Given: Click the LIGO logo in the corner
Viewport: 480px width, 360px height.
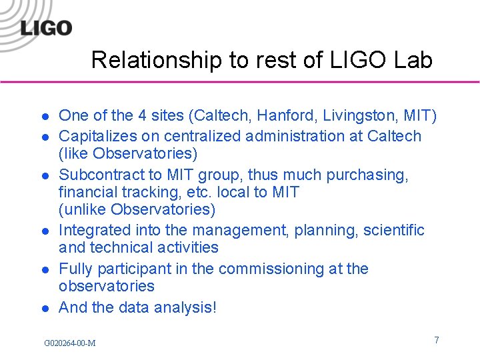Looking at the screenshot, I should point(45,27).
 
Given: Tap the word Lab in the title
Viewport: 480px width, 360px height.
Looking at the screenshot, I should point(413,61).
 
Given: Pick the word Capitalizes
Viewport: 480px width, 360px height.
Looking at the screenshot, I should point(95,136).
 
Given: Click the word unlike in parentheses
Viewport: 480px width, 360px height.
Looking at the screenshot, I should point(84,210).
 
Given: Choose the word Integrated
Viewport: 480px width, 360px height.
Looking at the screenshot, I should point(93,230).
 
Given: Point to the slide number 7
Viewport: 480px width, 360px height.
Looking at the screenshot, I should point(437,340).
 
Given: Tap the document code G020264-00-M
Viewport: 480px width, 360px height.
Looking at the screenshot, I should point(69,343).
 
